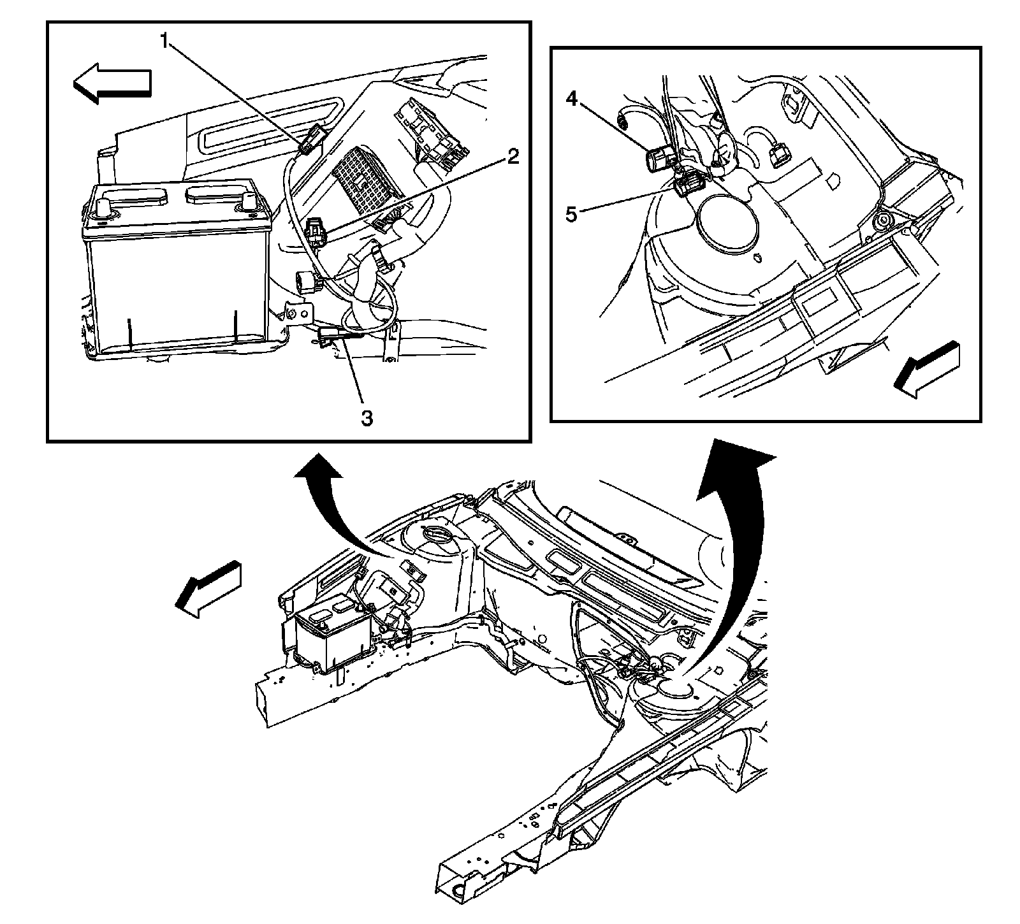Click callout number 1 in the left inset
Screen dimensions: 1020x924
164,42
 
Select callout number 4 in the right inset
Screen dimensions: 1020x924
572,100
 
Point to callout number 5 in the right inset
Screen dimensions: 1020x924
572,214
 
